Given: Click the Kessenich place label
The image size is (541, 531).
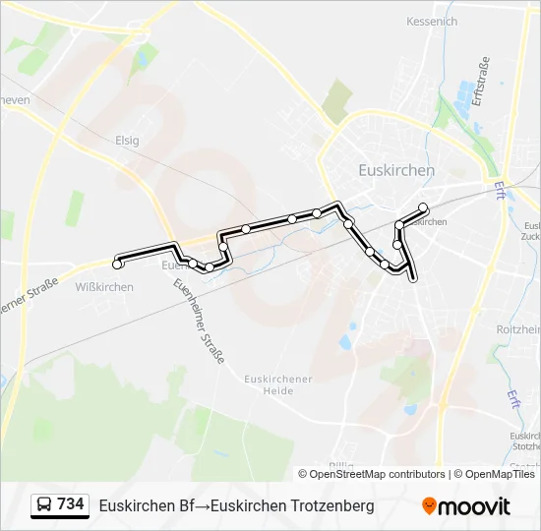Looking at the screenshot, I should click(432, 21).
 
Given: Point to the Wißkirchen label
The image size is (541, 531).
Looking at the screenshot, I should click(104, 287).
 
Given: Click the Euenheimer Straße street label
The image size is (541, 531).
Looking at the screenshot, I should click(198, 321).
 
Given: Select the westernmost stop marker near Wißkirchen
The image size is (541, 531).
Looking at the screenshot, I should click(118, 264).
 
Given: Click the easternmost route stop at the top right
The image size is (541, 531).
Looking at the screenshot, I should click(424, 207).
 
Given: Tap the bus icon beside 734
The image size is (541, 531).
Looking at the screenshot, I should click(44, 505).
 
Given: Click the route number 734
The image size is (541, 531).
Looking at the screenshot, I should click(71, 504).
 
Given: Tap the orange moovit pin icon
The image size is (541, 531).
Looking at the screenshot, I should click(429, 506).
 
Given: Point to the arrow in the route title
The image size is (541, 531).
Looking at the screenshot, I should click(202, 505).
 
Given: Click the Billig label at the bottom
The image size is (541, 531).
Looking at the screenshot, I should click(341, 466).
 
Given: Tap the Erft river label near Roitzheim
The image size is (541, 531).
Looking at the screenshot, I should click(512, 397).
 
